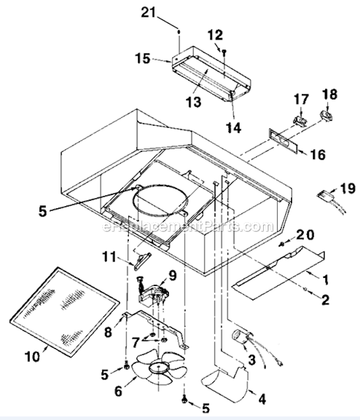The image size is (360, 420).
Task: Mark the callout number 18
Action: pyautogui.click(x=330, y=94)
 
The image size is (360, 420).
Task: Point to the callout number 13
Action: pyautogui.click(x=193, y=103)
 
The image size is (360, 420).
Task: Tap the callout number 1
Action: pyautogui.click(x=326, y=280)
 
